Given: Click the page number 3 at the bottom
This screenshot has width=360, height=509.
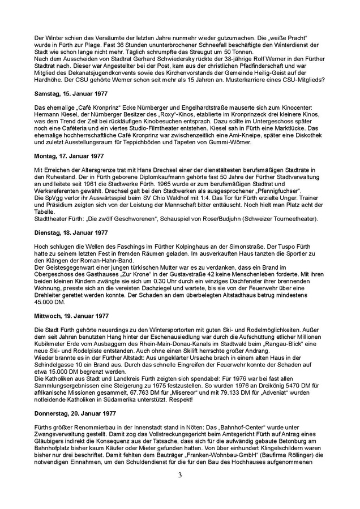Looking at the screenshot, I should coord(180,475).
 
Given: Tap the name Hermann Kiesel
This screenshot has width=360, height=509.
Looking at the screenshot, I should coord(55,114).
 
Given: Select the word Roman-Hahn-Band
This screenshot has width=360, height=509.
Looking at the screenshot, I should coord(102,261).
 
